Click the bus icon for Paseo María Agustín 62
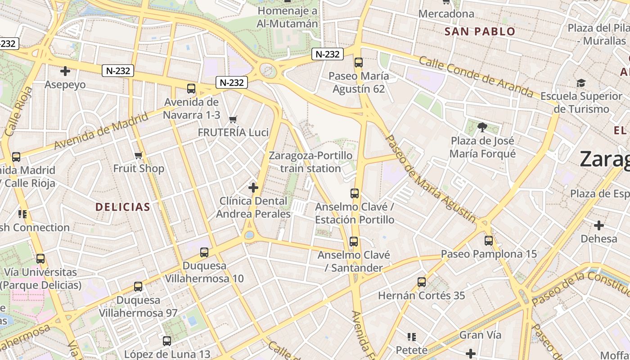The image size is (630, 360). (358, 63)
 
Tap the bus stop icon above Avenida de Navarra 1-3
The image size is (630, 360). (191, 89)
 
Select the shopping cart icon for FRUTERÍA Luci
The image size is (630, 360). (233, 119)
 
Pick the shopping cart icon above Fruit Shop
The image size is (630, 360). (138, 156)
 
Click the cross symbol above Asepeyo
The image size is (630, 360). (65, 71)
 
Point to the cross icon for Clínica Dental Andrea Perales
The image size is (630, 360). (253, 187)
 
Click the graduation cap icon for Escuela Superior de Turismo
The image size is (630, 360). (581, 83)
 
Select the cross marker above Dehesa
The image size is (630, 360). (598, 225)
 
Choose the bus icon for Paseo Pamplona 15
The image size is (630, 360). (488, 241)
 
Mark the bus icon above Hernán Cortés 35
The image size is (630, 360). (421, 282)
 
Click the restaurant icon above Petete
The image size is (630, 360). (411, 337)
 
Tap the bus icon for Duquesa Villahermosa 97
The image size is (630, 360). (138, 287)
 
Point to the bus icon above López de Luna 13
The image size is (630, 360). (167, 341)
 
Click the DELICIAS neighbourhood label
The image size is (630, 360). (123, 207)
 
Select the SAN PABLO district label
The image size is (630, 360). (480, 31)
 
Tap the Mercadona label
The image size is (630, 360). (446, 14)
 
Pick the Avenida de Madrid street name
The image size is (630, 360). (101, 131)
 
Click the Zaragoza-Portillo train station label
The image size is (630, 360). (310, 162)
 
